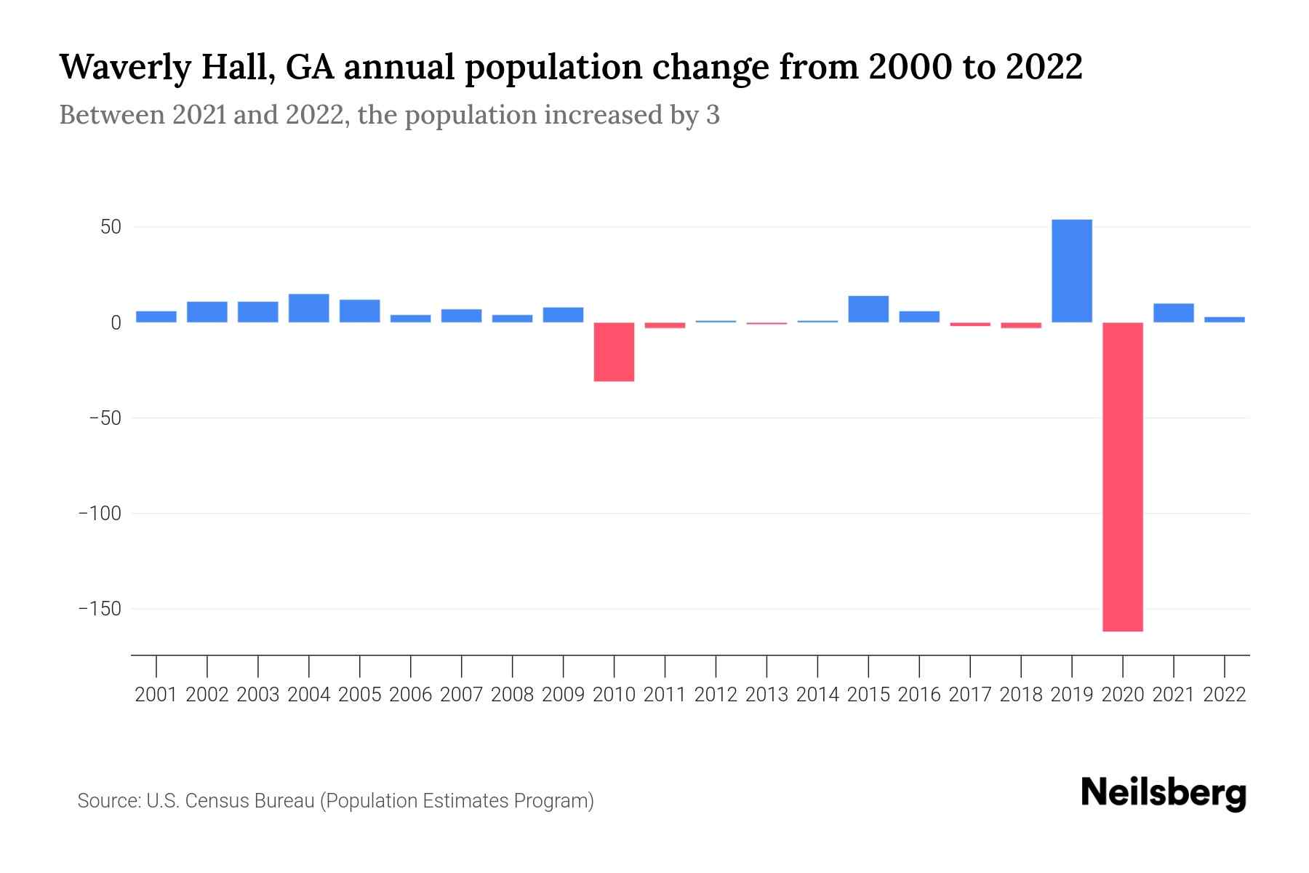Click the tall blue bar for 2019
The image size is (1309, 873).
[1071, 271]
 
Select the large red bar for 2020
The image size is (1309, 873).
[1122, 477]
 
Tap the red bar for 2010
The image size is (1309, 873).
[614, 351]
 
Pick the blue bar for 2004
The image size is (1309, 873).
[308, 308]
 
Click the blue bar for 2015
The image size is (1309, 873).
[868, 309]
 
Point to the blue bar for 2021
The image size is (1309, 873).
[1173, 313]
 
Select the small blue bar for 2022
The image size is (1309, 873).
[1224, 319]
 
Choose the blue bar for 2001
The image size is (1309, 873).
[156, 316]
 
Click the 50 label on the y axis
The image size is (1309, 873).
[111, 227]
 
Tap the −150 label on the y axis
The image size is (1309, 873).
[100, 609]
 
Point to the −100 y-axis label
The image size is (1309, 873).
[100, 514]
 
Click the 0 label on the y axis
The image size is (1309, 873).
[116, 322]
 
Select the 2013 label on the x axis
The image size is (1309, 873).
[766, 695]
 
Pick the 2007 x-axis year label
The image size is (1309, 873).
[461, 695]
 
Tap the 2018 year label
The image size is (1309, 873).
[1020, 695]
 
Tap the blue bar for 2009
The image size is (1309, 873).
[563, 314]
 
